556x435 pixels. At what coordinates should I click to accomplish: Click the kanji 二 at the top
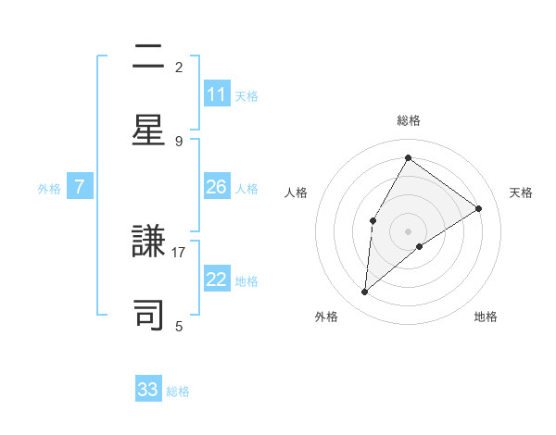coord(149,58)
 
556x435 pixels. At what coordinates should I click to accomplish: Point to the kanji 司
coord(149,315)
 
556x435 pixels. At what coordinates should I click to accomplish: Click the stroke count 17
coord(179,251)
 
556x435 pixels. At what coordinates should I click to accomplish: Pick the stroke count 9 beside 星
coord(179,141)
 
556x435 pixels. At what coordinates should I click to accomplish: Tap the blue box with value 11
coord(217,94)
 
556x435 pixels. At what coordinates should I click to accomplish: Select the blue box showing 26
coord(217,187)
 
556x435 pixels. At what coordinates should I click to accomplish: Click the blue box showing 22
coord(217,280)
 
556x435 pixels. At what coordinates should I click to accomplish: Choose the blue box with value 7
coord(80,187)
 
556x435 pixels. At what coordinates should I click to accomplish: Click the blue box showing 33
coord(148,390)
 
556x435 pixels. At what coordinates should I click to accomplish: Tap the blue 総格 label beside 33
coord(178,391)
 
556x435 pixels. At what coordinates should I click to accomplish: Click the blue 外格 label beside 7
coord(49,189)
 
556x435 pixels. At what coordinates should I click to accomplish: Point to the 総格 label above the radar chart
coord(408,120)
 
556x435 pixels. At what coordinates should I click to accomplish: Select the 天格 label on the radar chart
coord(521,193)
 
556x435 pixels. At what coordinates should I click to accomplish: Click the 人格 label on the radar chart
coord(296,193)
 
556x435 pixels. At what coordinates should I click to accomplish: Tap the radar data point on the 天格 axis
coord(478,208)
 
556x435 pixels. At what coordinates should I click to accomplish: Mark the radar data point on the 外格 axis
coord(365,292)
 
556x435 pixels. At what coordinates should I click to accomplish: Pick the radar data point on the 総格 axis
coord(408,157)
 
